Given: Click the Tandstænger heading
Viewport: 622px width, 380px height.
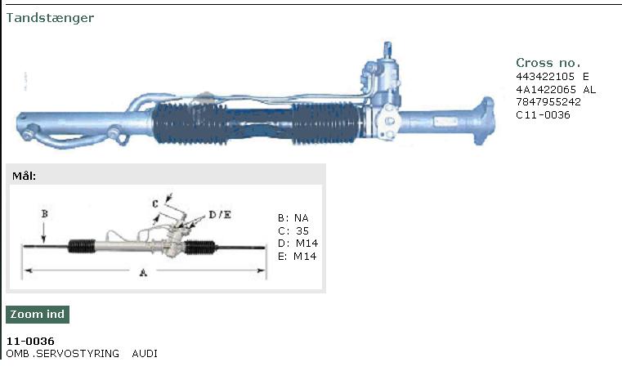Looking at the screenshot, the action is [x=50, y=18].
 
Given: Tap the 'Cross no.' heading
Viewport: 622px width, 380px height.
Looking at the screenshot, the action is [x=548, y=63].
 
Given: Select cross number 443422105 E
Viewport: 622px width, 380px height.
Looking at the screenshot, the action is [x=553, y=76].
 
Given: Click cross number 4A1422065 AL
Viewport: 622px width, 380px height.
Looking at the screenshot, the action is [x=556, y=89].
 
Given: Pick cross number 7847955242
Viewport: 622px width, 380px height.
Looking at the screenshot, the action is [x=548, y=102].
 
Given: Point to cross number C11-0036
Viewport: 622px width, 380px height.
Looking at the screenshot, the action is [x=543, y=115].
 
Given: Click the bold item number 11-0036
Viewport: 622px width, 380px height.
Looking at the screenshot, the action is [x=30, y=341].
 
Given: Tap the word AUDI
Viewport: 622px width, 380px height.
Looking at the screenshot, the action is [x=145, y=353].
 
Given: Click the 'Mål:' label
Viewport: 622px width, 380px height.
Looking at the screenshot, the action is [x=25, y=177].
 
